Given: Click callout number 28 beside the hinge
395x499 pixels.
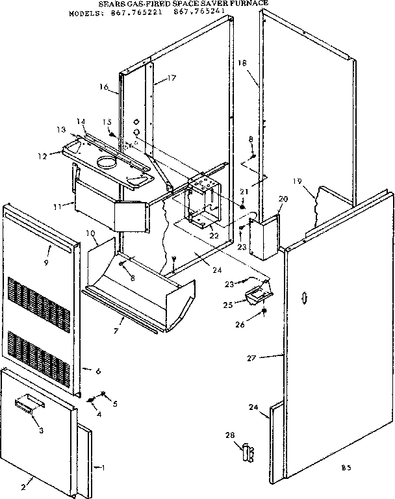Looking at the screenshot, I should coord(229,434).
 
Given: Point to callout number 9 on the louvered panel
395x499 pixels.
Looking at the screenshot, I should coord(47,263).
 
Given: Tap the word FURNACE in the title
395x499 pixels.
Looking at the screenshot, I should coord(248,3).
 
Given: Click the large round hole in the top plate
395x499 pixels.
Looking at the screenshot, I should coord(106,159).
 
